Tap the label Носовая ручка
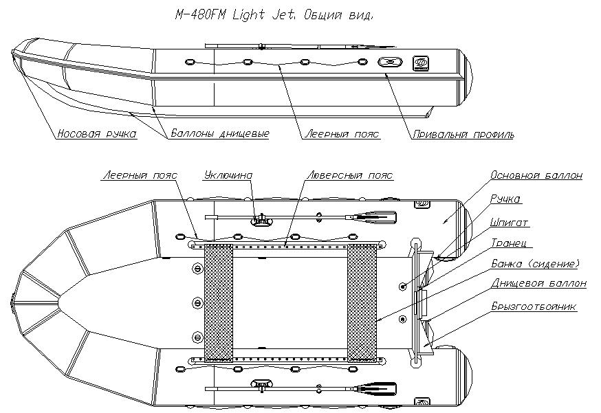(96, 134)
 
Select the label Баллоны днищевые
(219, 134)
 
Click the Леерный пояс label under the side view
(342, 135)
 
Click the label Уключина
(228, 176)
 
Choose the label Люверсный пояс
(349, 176)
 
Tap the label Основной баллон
(536, 176)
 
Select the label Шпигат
(510, 223)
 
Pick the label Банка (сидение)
(535, 263)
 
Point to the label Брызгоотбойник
(534, 306)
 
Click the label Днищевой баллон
(538, 283)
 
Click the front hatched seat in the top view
(219, 302)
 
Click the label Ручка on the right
(505, 199)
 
